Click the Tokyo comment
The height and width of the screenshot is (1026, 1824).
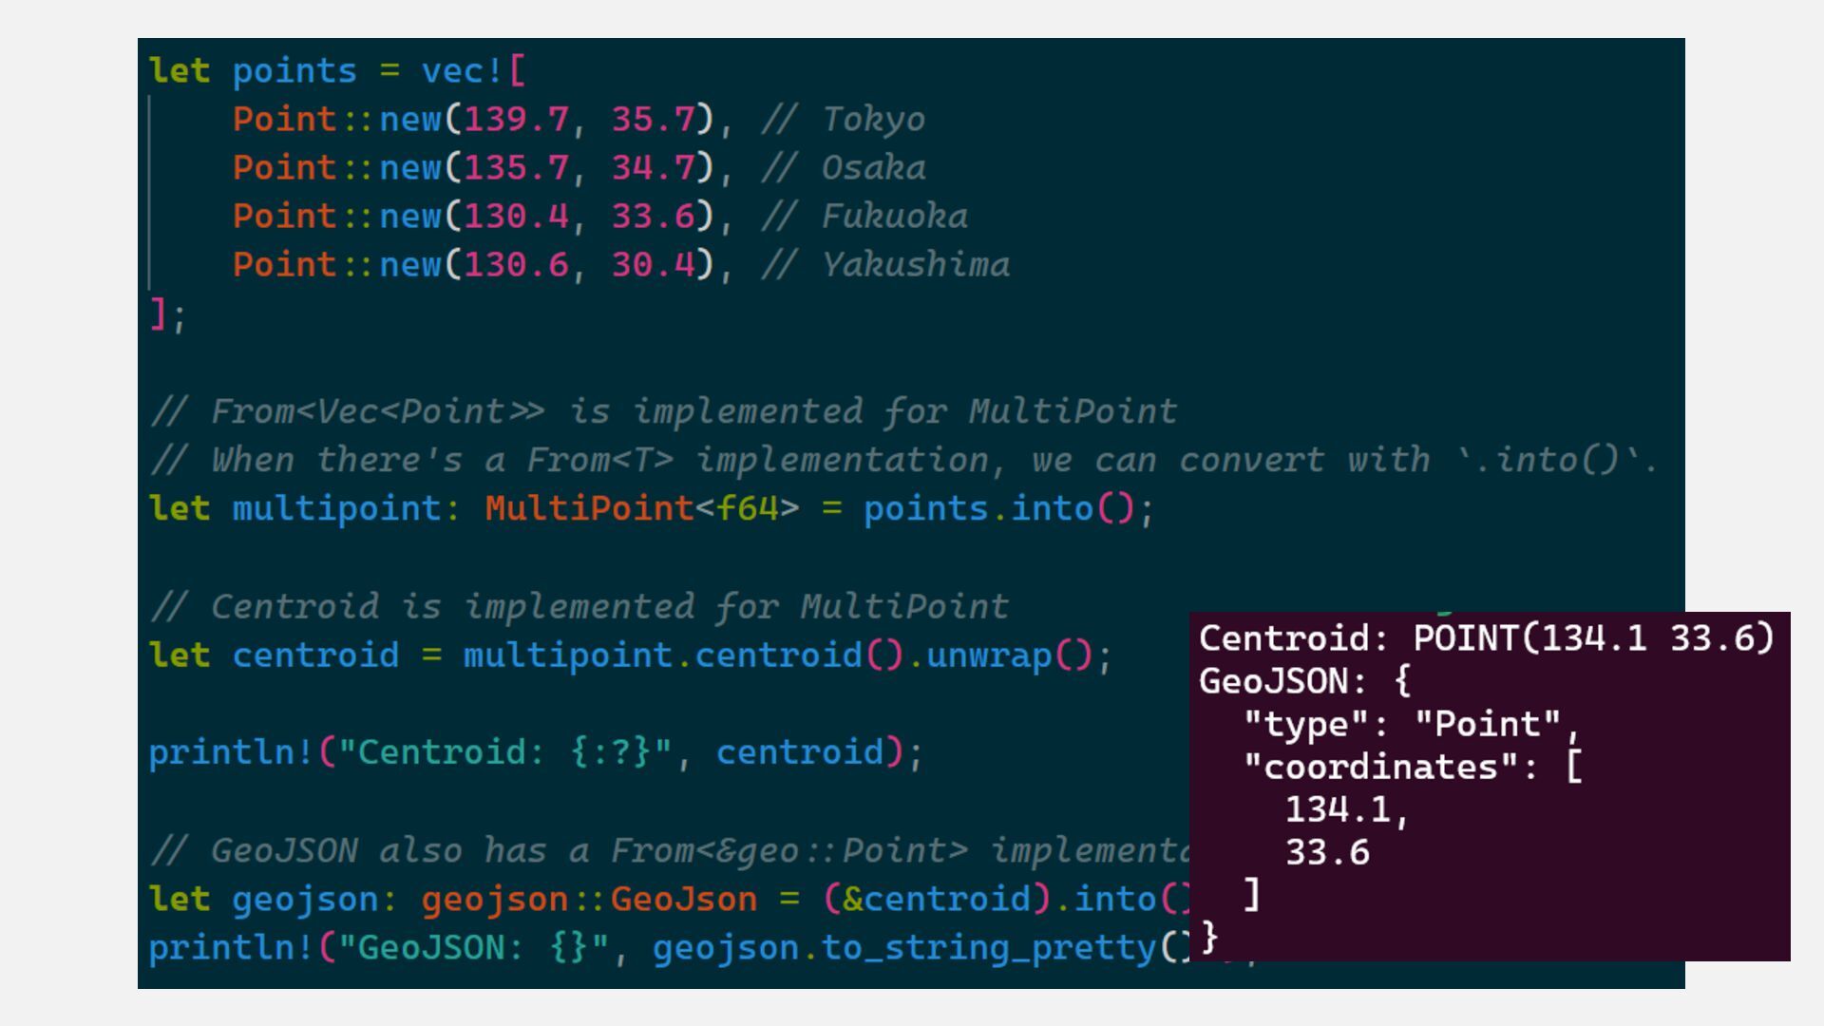[873, 120]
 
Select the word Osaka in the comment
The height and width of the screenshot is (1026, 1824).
[873, 168]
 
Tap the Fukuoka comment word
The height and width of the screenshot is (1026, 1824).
[894, 217]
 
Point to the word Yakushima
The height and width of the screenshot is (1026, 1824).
[915, 265]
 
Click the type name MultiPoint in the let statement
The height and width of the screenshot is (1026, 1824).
[589, 509]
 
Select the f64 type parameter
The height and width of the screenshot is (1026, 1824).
[747, 509]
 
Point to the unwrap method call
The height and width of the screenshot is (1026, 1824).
[988, 655]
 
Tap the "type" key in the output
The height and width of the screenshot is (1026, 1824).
[1305, 725]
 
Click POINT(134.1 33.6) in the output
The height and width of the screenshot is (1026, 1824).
[1593, 638]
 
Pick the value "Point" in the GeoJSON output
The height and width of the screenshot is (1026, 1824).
[1487, 725]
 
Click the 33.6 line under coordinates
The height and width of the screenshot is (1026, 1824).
[1327, 853]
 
